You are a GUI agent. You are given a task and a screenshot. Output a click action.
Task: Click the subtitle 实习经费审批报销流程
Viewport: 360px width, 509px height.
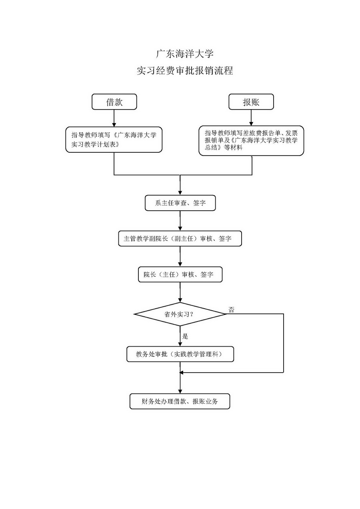pos(185,71)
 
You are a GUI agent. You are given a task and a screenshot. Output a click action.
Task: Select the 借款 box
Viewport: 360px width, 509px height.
pos(114,102)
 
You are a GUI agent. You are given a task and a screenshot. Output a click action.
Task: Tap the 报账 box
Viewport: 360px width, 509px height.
pos(251,102)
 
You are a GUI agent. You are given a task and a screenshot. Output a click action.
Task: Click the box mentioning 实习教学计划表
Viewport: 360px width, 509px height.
pos(114,140)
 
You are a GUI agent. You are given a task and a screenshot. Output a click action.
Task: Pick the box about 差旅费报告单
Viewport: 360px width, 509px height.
pos(251,140)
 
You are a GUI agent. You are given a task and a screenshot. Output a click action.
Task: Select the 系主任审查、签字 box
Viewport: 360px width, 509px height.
pos(180,203)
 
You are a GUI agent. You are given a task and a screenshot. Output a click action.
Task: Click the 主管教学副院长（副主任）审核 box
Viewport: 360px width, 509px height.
pos(180,238)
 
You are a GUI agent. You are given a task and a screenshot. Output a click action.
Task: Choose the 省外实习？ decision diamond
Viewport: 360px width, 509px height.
pos(180,314)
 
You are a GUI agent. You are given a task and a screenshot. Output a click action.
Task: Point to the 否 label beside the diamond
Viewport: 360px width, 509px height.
pos(231,309)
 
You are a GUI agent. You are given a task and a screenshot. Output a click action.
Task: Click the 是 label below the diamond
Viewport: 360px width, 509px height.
pos(185,336)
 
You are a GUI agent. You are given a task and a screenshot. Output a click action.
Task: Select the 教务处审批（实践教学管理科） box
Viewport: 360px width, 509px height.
pos(180,354)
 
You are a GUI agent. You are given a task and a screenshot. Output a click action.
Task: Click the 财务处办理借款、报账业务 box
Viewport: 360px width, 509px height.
pos(180,401)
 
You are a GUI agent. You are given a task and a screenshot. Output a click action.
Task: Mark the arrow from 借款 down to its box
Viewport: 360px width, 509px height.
pos(114,118)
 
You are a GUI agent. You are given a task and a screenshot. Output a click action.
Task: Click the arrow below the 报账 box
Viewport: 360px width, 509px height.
pos(251,118)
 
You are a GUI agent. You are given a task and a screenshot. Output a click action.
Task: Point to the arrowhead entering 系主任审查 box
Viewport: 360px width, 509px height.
pos(180,193)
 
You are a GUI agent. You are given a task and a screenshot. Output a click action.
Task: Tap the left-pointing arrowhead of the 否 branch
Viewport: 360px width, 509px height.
pos(183,373)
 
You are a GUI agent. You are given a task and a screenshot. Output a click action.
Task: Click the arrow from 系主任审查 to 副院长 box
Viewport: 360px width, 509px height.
pos(180,221)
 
